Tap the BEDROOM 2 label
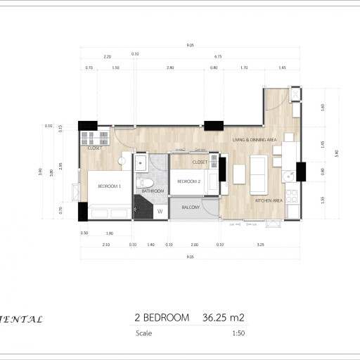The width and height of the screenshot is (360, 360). click(x=189, y=181)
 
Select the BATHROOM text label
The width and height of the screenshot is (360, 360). click(x=153, y=191)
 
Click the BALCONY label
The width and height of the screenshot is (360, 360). click(x=191, y=207)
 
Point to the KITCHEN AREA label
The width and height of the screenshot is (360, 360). click(x=269, y=201)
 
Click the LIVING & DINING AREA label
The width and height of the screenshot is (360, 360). click(x=255, y=140)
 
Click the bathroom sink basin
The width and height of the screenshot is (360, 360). click(x=141, y=162)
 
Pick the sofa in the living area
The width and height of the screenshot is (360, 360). click(x=258, y=174)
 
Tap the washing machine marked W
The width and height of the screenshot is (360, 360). click(x=160, y=211)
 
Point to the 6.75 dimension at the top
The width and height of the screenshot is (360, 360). click(x=217, y=57)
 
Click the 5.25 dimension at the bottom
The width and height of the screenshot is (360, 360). click(x=261, y=245)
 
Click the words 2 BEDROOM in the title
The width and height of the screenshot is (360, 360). click(x=162, y=318)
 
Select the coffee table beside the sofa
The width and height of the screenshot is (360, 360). click(x=237, y=174)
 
